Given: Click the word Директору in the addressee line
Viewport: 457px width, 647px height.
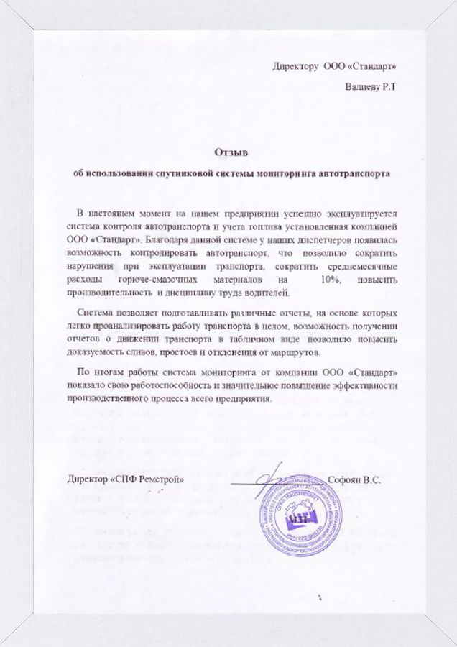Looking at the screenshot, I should pos(295,66).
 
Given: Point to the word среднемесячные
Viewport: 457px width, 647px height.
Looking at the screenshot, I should pos(358,266).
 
